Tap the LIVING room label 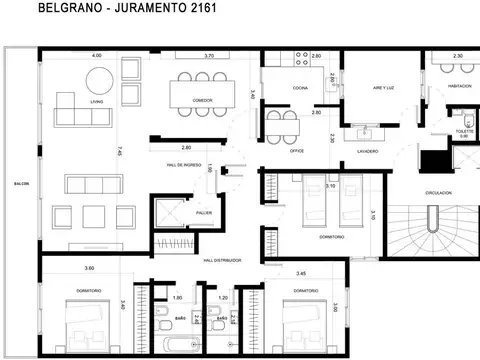97,101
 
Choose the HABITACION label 458,89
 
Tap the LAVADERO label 366,153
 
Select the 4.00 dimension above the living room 96,56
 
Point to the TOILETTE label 462,131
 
